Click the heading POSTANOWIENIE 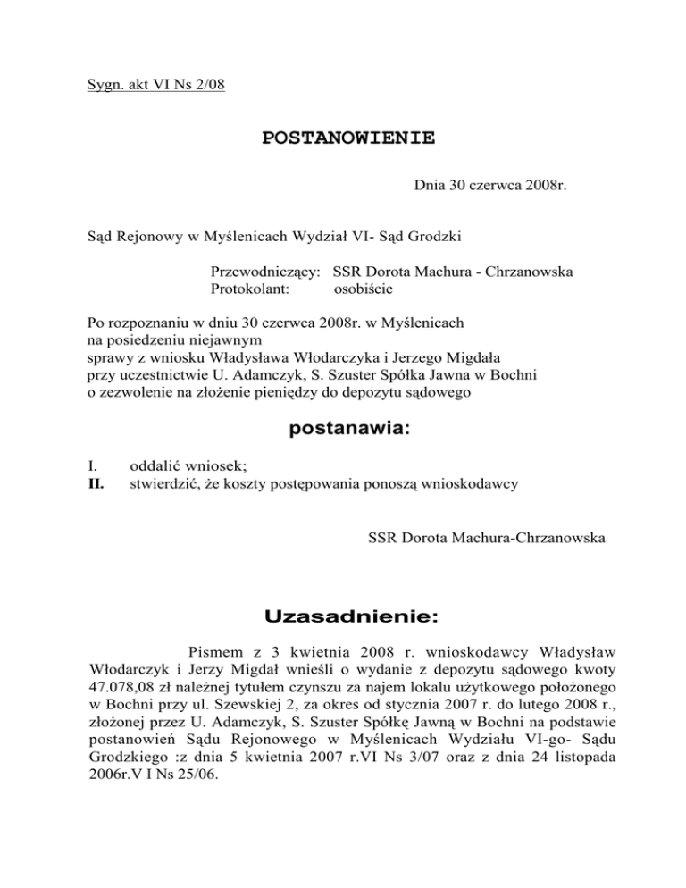point(348,138)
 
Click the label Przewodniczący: point(265,272)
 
